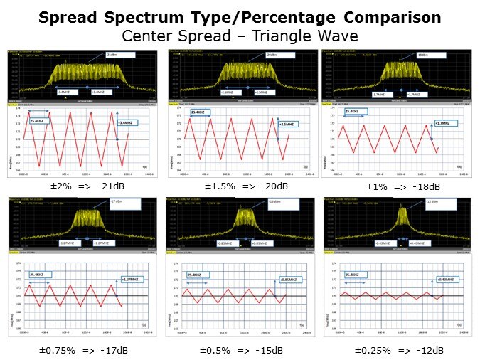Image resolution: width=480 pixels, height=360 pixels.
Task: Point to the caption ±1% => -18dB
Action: pyautogui.click(x=402, y=186)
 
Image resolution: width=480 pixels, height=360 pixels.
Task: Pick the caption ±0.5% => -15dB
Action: pyautogui.click(x=240, y=349)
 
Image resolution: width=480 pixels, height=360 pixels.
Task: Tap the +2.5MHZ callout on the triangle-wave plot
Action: pyautogui.click(x=286, y=125)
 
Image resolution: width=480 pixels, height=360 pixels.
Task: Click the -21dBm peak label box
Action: pyautogui.click(x=112, y=55)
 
